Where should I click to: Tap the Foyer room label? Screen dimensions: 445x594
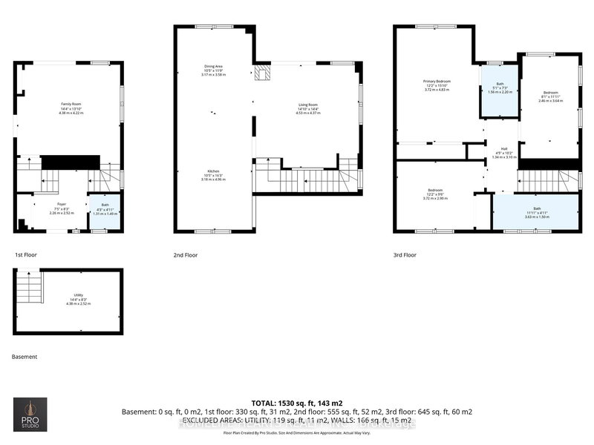[x=61, y=208]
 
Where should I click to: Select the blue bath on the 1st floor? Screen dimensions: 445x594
[x=99, y=210]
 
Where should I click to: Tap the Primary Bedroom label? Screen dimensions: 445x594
[x=437, y=84]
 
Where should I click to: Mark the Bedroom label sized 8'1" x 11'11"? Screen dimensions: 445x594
[x=549, y=96]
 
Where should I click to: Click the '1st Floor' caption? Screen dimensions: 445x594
[x=26, y=254]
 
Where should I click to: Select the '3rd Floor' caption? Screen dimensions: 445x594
[x=405, y=254]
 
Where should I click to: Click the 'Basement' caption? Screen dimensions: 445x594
[x=25, y=357]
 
